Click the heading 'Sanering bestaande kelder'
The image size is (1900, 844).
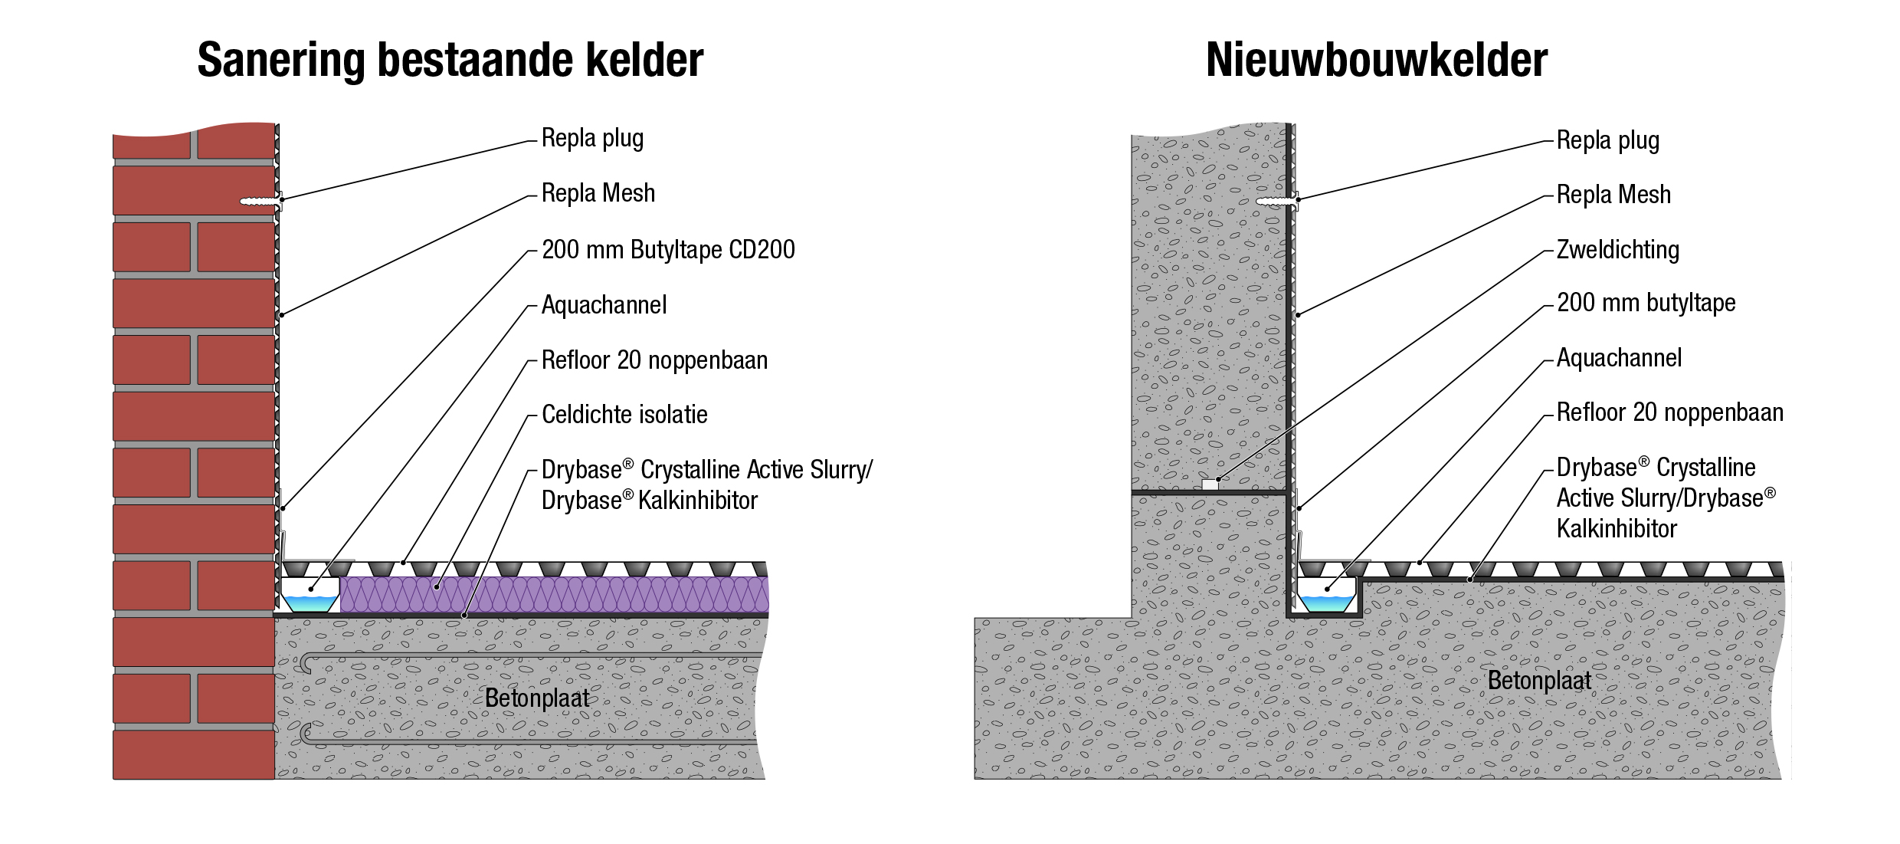(450, 60)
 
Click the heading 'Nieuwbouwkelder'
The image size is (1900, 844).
(1377, 60)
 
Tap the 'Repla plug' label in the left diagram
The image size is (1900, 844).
(592, 138)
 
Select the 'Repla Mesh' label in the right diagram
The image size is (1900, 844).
(1613, 195)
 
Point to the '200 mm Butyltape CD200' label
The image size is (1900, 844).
(668, 250)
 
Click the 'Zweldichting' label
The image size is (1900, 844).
(1617, 250)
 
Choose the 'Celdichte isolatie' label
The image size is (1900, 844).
(624, 415)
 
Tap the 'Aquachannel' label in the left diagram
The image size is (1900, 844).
(604, 305)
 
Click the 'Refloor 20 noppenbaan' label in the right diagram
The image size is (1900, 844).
(1669, 412)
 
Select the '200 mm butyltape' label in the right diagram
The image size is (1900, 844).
(1646, 303)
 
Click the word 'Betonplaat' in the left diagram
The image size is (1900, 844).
(537, 698)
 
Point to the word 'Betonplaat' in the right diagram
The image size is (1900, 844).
(1539, 681)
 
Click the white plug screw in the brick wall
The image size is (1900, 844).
(259, 202)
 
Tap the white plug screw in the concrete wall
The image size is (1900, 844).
(1275, 202)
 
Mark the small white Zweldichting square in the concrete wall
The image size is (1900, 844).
(1210, 484)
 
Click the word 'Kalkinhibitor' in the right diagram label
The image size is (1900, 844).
(1617, 529)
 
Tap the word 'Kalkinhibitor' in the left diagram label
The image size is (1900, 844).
(697, 501)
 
